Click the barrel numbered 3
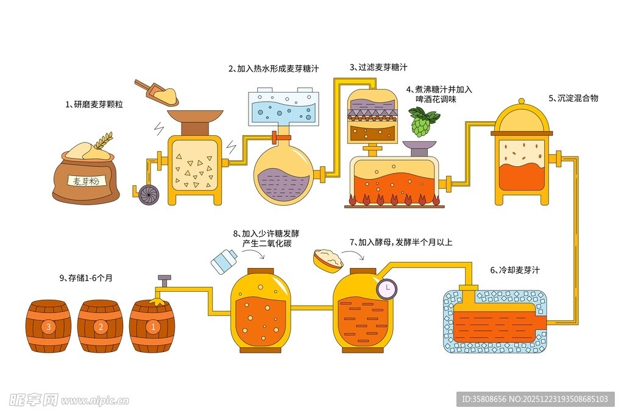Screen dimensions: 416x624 tap(48, 326)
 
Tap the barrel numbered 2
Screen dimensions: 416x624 tap(100, 326)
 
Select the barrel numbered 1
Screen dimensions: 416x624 tap(152, 326)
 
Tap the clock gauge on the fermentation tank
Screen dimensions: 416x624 tap(386, 288)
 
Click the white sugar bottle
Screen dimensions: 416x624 tap(223, 261)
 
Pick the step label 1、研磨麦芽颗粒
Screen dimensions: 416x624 tap(94, 105)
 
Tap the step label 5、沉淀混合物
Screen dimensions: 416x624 tap(573, 97)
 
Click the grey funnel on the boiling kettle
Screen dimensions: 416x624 tap(419, 146)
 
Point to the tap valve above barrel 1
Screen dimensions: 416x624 tap(164, 281)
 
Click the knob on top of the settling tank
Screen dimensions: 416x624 tap(521, 102)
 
